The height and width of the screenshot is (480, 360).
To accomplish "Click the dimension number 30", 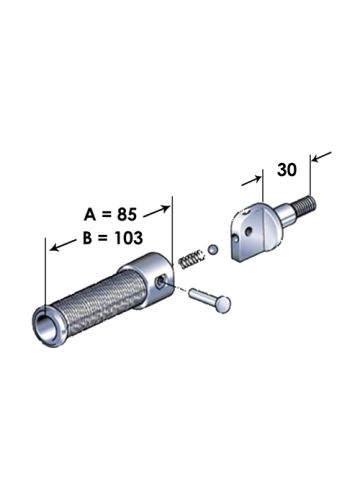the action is pos(287,170).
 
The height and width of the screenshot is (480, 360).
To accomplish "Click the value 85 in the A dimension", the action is pos(127,214).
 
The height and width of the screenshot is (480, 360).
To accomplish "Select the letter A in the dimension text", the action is pos(90,215).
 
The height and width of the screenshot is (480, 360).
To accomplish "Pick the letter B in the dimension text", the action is pos(87,238).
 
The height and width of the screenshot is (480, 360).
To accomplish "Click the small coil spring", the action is pos(191,259).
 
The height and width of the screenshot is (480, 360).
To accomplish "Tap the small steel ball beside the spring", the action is pos(212,249).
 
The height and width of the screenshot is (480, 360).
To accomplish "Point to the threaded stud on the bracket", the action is pos(305,204).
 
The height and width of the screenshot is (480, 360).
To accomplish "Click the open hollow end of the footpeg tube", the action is pos(45,323).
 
